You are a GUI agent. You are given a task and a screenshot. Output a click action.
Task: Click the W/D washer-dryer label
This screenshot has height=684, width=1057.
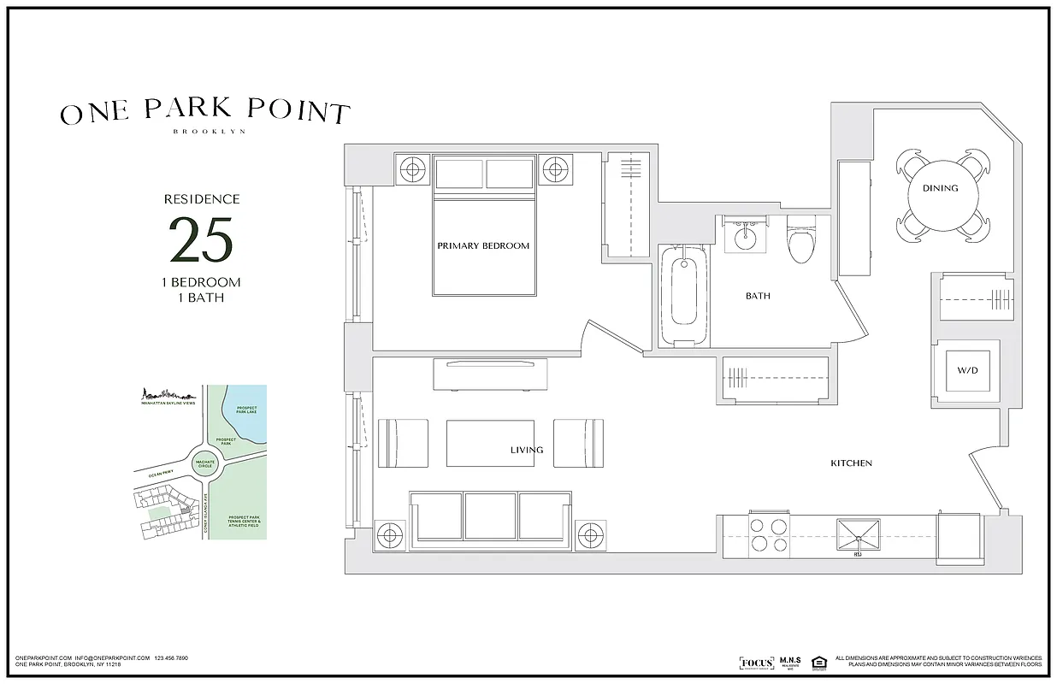(x=966, y=371)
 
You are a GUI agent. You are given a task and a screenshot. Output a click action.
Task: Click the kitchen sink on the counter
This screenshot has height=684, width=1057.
(x=858, y=535)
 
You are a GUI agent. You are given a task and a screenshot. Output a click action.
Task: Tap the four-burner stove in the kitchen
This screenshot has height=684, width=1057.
(x=768, y=534)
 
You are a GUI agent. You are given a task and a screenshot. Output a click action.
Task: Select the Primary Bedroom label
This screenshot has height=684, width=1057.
(x=483, y=245)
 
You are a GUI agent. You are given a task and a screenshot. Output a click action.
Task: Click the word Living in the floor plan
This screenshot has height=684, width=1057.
(x=527, y=450)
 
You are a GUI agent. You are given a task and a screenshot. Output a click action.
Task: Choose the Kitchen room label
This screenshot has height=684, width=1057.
(x=851, y=463)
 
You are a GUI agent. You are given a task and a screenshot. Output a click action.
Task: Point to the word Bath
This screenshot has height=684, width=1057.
(x=758, y=296)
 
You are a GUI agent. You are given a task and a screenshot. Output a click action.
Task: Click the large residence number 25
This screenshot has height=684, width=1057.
(x=201, y=240)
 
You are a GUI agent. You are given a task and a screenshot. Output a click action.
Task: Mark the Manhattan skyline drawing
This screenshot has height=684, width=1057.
(x=169, y=395)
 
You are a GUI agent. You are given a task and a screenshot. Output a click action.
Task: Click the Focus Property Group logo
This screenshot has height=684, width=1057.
(x=756, y=663)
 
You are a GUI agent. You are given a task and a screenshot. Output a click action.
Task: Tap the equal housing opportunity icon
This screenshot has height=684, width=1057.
(x=818, y=663)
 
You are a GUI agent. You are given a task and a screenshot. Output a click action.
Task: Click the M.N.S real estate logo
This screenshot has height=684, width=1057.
(x=788, y=663)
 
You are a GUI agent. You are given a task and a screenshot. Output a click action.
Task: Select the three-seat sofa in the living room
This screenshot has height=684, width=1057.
(x=491, y=520)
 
